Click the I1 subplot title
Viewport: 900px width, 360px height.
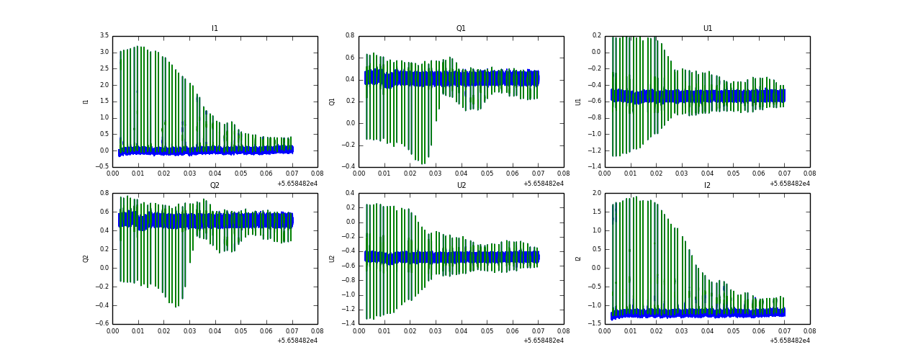tap(215, 29)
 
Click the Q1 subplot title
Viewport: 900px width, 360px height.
tap(461, 29)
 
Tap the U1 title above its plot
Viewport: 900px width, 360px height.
tap(707, 29)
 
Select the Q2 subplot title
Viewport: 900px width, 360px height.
tap(215, 186)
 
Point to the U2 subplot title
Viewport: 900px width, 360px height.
tap(461, 186)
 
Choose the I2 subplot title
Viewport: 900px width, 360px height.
tap(707, 186)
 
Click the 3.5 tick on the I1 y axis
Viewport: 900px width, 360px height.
tap(104, 36)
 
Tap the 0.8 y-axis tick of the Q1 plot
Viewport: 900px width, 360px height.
tap(350, 36)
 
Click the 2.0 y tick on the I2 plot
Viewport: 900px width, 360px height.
tap(596, 193)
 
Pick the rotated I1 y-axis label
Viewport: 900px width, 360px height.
tap(86, 102)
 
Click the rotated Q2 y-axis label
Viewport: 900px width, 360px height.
tap(86, 258)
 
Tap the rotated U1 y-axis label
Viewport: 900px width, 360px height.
tap(578, 102)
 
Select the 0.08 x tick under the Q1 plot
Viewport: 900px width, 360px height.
tap(564, 174)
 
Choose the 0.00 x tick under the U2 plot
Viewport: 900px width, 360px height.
tap(359, 330)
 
